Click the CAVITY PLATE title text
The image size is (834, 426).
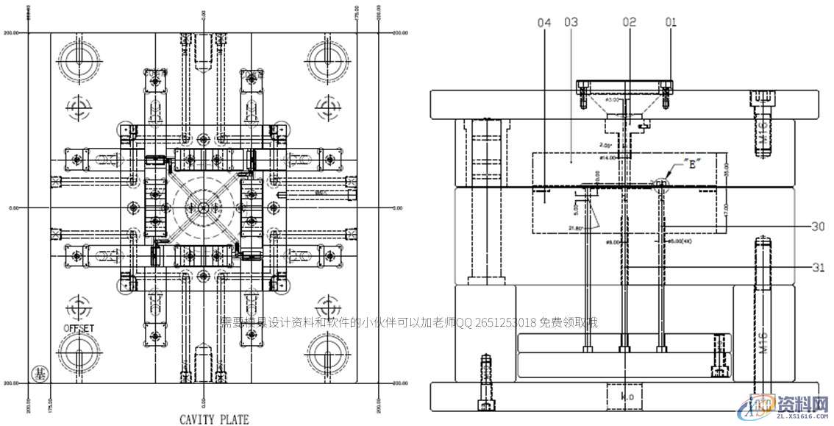214,419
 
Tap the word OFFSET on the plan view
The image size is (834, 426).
79,327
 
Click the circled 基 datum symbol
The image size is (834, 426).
38,374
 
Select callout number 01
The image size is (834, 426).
671,23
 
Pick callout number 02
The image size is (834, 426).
629,23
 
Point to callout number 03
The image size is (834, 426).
571,23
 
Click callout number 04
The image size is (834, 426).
544,23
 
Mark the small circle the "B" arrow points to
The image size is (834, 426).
661,184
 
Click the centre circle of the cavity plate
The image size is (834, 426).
203,207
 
